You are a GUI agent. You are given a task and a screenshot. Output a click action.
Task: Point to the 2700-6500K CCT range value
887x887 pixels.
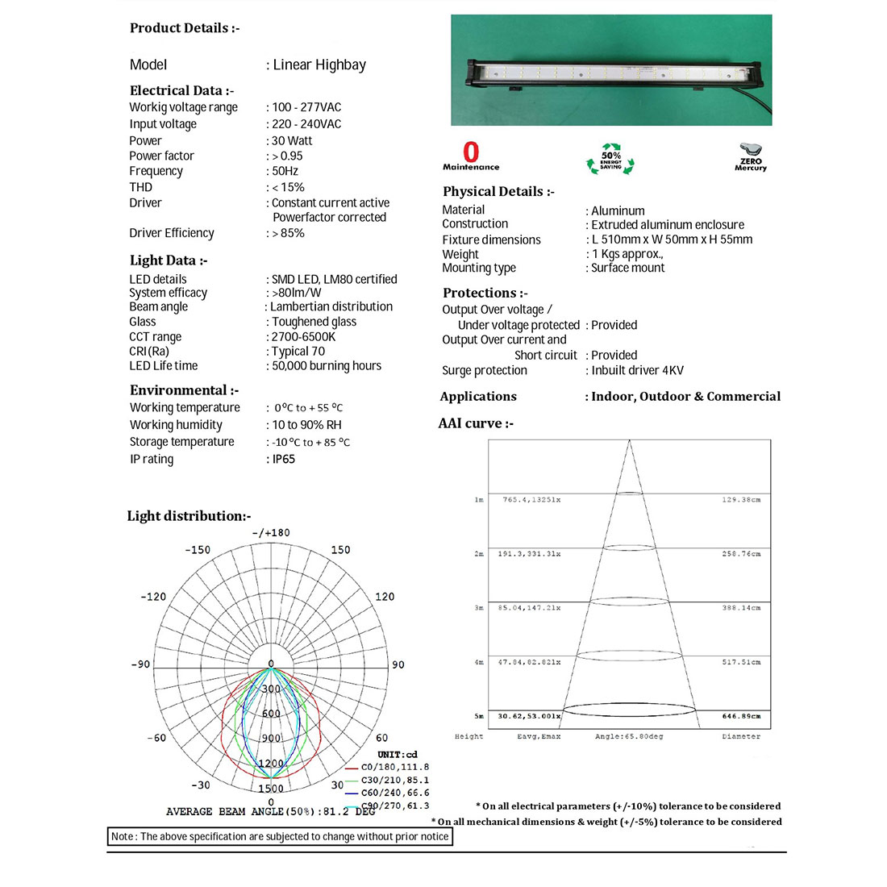coord(303,336)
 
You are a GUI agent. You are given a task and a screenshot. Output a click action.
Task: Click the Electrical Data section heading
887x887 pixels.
coord(181,90)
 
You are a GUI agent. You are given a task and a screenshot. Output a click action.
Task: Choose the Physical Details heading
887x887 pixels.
coord(498,191)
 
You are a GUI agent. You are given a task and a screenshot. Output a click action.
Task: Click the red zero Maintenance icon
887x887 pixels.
coord(471,156)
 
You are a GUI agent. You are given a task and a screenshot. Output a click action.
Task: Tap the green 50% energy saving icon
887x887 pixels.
coord(610,158)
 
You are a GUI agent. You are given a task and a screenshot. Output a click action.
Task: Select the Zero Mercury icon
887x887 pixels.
coord(751,157)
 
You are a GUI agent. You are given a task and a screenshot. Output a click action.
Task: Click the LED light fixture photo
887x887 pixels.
coord(611,70)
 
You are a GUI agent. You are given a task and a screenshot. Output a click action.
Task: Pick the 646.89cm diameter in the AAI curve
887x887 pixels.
coord(741,716)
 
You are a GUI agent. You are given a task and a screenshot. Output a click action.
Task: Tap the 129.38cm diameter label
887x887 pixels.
coord(741,500)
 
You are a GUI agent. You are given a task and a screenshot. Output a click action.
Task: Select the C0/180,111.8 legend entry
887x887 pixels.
coord(394,767)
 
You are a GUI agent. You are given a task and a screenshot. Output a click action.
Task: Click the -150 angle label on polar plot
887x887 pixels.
coord(198,550)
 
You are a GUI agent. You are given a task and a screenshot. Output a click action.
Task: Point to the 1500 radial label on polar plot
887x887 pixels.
coord(271,789)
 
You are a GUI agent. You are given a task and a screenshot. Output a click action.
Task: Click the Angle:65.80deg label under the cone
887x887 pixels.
coord(629,736)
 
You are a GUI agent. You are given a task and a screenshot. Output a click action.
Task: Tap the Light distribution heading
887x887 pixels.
coord(189,516)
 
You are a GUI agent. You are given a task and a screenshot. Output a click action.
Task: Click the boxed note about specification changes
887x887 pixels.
coord(280,836)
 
